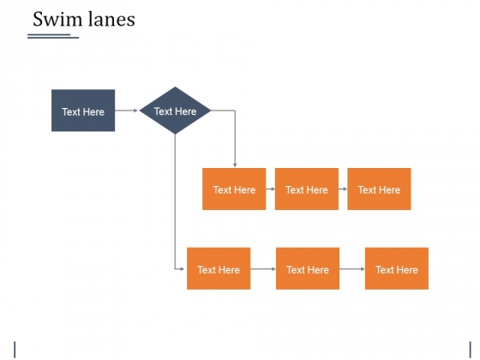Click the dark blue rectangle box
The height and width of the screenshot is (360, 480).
point(83,111)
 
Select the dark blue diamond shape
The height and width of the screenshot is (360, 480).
point(175,111)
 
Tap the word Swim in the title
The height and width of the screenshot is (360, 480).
point(57,19)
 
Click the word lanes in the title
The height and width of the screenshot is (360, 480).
point(111,19)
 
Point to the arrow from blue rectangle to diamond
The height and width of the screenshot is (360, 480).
point(127,111)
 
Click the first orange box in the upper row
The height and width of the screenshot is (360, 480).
point(234,189)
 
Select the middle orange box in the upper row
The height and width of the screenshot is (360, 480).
point(307,189)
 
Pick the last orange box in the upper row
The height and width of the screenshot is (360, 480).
point(379,189)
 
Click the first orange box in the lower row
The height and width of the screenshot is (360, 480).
point(219,268)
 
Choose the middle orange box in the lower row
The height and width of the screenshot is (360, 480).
point(308,268)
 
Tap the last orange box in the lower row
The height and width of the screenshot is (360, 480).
point(397,268)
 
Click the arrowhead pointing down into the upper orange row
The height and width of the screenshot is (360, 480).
point(235,165)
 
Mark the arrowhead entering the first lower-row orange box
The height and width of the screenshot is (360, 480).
point(182,269)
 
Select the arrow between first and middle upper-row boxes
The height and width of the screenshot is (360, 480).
point(270,189)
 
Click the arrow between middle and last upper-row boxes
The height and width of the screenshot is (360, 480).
point(343,189)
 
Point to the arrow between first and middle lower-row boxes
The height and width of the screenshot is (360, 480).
point(263,269)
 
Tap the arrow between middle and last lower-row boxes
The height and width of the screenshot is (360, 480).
point(352,269)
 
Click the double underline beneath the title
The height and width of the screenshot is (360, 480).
point(53,36)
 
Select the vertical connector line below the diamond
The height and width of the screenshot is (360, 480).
point(175,201)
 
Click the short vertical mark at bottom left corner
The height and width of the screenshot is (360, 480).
point(15,350)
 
